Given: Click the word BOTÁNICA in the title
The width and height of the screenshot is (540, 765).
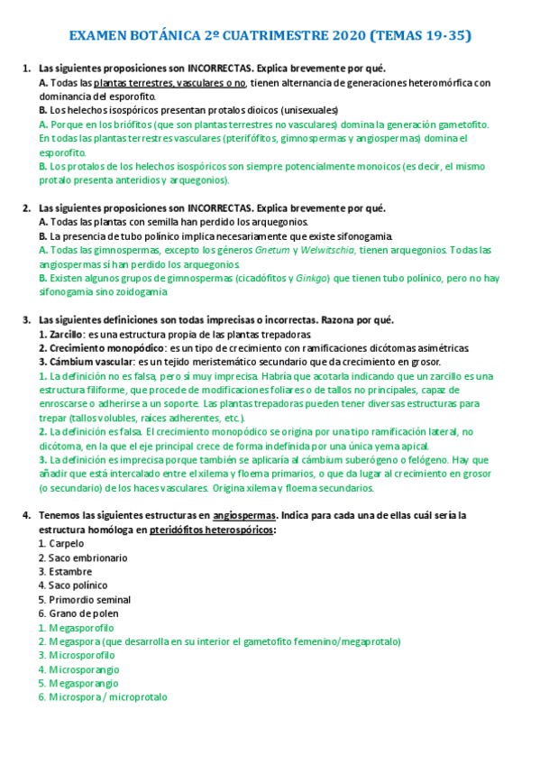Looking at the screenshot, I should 170,36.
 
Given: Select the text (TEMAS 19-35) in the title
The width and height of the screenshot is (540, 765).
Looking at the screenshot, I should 419,36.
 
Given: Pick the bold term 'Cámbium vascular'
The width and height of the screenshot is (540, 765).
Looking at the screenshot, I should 87,362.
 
